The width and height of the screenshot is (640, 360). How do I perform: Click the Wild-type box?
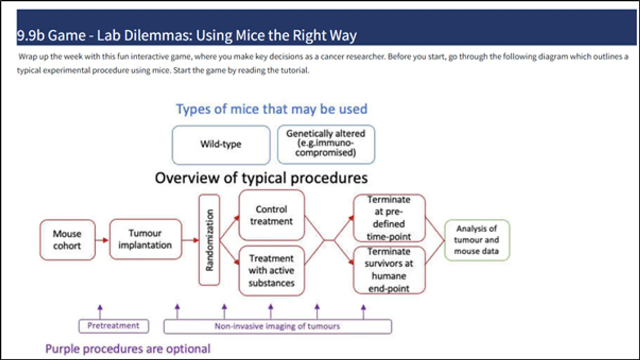221,145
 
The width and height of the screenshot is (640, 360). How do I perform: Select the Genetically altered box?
326,144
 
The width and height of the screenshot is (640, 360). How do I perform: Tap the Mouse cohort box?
67,239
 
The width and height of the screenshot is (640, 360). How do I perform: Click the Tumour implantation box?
145,239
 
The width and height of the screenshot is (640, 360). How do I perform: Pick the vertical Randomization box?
209,240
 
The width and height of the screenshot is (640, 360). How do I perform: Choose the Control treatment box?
272,215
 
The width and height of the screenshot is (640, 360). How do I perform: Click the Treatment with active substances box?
272,270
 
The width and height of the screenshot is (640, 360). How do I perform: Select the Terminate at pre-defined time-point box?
389,218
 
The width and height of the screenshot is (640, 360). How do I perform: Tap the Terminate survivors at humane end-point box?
389,270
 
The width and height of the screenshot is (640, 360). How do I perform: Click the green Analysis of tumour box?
477,240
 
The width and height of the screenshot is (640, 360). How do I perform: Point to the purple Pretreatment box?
113,326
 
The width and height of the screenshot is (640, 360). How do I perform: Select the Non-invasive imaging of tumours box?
277,326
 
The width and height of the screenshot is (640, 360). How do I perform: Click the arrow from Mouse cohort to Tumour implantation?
102,240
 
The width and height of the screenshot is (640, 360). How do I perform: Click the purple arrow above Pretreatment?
100,312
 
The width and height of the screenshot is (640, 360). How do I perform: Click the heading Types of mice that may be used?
272,109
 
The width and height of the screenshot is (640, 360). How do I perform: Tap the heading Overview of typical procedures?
261,178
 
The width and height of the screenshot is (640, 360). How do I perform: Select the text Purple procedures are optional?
128,349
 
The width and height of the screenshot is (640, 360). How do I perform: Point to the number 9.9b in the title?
31,36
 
